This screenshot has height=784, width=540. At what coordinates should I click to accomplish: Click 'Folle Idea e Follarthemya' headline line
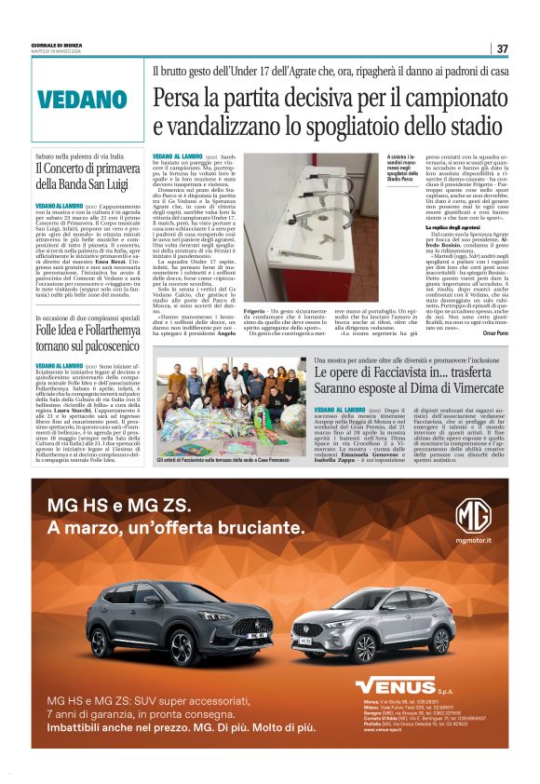(x=96, y=331)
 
